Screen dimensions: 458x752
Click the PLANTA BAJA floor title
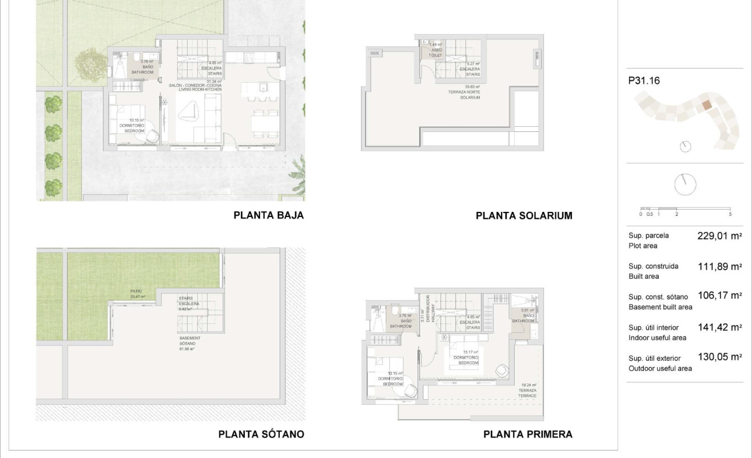(x=268, y=216)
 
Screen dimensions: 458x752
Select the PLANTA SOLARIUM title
(x=524, y=216)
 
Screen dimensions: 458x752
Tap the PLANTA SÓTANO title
(x=261, y=434)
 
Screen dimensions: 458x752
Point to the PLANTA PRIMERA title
(x=528, y=434)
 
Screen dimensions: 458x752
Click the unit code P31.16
(x=644, y=81)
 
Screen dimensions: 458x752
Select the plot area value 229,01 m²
(x=719, y=236)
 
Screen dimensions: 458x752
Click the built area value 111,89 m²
(x=719, y=266)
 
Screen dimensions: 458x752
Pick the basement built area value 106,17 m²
(x=719, y=296)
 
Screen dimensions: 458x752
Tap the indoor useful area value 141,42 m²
(x=719, y=327)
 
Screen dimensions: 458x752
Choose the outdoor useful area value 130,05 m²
(x=719, y=357)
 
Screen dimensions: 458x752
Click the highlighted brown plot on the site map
(x=706, y=105)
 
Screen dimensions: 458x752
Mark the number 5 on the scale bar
(x=730, y=214)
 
